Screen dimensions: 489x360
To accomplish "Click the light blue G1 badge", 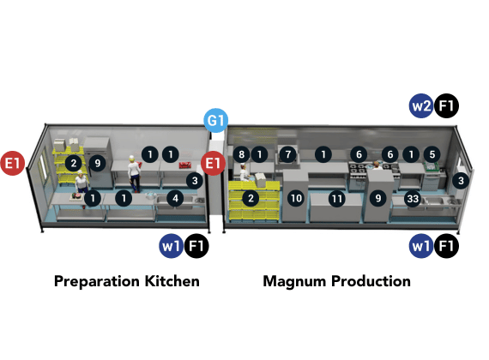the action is click(x=216, y=120).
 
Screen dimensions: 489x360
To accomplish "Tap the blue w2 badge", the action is click(x=421, y=106).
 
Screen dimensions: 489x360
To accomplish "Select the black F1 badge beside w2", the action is click(x=446, y=106).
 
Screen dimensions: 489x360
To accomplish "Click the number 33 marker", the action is click(x=413, y=199).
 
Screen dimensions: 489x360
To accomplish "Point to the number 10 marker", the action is click(x=296, y=198).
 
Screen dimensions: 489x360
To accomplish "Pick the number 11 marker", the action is click(x=337, y=199).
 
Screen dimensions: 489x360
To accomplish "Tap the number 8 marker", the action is click(x=241, y=154).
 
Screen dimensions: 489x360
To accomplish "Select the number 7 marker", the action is click(x=288, y=154).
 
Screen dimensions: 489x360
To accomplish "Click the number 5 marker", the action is click(x=432, y=154).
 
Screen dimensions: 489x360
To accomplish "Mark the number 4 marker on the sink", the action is click(x=175, y=198).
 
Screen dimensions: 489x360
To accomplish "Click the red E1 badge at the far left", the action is click(x=13, y=163).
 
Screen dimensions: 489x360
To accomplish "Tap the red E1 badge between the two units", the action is click(x=213, y=163).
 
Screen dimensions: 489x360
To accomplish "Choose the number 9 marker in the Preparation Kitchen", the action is click(x=98, y=163).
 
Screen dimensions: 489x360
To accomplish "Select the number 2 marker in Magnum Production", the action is click(x=251, y=198).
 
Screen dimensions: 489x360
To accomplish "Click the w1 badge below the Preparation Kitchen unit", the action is click(x=171, y=246).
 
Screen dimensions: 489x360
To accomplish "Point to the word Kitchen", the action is click(x=172, y=281).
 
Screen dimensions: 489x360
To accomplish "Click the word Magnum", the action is click(x=295, y=282).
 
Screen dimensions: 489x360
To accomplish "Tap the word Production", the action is click(x=371, y=281).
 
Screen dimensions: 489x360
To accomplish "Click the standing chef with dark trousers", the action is click(x=134, y=174).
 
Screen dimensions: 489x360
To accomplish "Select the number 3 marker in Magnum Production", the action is click(x=461, y=181).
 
